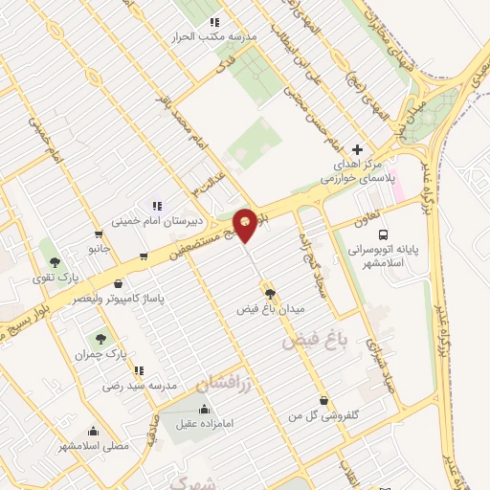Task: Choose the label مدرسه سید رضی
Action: click(138, 386)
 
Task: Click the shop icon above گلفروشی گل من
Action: click(324, 400)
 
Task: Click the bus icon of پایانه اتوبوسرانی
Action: click(384, 234)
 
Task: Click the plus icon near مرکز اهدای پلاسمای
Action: click(358, 149)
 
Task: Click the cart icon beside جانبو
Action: click(99, 234)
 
